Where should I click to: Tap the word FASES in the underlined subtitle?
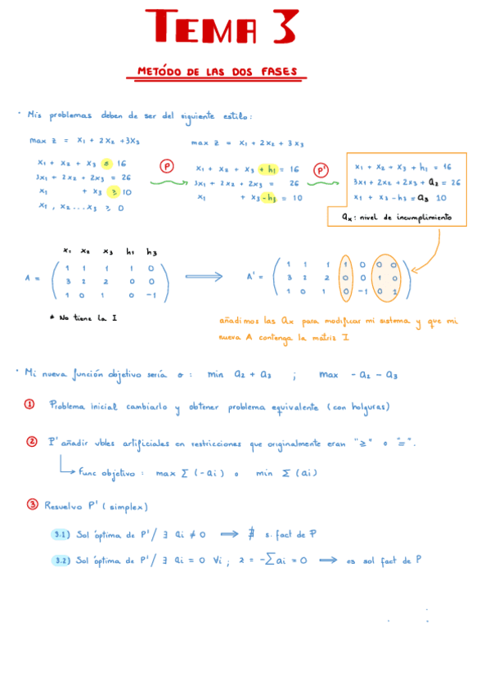[280, 72]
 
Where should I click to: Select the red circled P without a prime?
[167, 167]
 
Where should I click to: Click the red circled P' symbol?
[322, 170]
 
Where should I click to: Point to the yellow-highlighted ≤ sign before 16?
[106, 163]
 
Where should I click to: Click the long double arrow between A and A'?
[204, 276]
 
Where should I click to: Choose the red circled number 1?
[29, 405]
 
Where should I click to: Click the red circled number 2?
[32, 442]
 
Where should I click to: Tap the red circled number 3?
[32, 505]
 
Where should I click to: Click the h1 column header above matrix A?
[129, 251]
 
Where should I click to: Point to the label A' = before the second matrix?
[254, 277]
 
